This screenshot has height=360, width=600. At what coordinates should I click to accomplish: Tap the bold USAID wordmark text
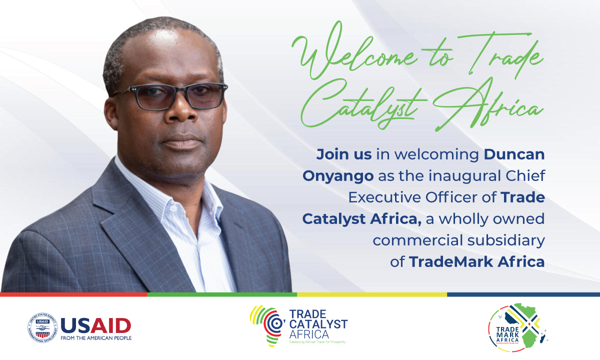tap(95, 325)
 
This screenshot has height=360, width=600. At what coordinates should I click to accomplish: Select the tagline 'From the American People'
tap(95, 338)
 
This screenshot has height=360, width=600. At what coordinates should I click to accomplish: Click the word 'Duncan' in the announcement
tap(513, 154)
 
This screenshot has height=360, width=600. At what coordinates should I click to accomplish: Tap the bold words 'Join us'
tap(343, 154)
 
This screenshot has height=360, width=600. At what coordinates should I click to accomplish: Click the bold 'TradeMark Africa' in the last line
tap(476, 261)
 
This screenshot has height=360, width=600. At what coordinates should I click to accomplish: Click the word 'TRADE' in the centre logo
tap(307, 315)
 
